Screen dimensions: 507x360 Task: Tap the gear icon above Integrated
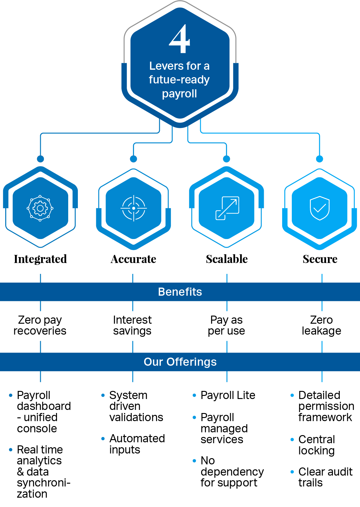pos(40,208)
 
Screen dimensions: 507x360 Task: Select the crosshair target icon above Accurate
pos(134,208)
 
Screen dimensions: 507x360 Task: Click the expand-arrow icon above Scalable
pos(227,208)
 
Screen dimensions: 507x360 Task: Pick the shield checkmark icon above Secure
pos(320,208)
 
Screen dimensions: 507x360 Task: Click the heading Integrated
pos(40,259)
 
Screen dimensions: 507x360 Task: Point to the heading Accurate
pos(133,259)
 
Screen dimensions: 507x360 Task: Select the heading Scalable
pos(227,259)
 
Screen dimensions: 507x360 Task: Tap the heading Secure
pos(320,259)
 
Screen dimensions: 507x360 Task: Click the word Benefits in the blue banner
pos(180,292)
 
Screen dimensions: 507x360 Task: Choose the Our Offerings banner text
pos(180,362)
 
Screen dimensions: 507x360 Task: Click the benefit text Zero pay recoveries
pos(40,325)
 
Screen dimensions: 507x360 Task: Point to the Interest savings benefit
pos(132,325)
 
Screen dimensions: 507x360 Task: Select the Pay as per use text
pos(226,325)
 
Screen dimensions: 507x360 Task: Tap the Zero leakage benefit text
pos(321,325)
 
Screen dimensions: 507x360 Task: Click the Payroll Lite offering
pos(228,395)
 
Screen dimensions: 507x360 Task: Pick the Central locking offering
pos(316,445)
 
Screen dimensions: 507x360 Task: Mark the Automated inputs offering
pos(137,444)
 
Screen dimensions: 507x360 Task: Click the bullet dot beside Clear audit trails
pos(292,472)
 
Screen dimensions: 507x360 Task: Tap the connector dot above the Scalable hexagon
pos(227,159)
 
